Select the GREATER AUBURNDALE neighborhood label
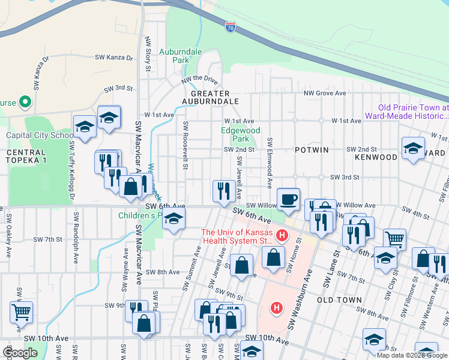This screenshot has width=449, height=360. tap(210, 97)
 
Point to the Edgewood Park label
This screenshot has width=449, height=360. tap(241, 134)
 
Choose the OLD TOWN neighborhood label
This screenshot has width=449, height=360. tap(339, 300)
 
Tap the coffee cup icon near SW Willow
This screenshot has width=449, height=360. tap(288, 199)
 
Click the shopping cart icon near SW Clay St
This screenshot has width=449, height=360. tap(394, 238)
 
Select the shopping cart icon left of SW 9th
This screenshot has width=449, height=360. tap(21, 311)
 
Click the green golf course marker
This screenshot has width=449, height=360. tap(25, 102)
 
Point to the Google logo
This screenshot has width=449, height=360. tap(19, 353)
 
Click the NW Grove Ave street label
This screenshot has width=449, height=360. tap(325, 93)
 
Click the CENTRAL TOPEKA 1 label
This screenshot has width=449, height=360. tap(25, 157)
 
